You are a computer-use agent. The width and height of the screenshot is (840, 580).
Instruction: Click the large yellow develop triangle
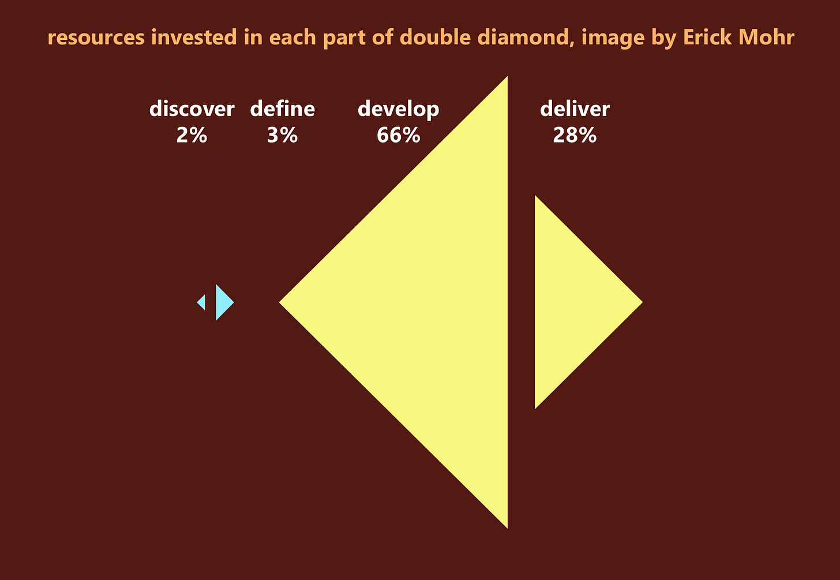pos(433,302)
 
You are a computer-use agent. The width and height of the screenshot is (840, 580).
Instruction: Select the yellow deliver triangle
pos(571,302)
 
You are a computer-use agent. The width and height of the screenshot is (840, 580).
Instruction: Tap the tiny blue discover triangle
pos(202,302)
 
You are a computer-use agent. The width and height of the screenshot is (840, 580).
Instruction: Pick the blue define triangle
pos(223,302)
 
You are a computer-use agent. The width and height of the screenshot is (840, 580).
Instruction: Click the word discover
pos(192,109)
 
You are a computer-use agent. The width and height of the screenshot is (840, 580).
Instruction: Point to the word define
pos(282,109)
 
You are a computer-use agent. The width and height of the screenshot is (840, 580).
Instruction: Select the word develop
pos(398,109)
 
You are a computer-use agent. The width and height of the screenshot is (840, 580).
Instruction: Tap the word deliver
pos(575,109)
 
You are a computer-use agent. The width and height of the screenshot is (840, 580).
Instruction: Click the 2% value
pos(192,136)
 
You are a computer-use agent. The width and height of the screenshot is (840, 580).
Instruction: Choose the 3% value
pos(282,136)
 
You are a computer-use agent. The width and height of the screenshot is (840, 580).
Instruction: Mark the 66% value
pos(398,136)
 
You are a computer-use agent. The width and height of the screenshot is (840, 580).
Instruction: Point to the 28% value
pos(575,136)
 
